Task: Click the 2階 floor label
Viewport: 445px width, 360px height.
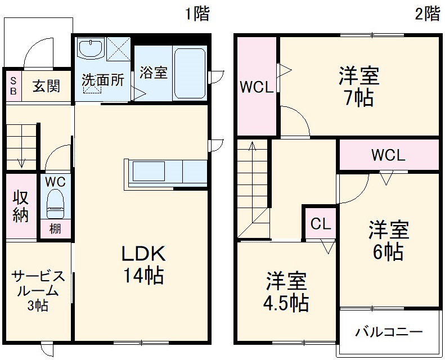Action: pos(428,14)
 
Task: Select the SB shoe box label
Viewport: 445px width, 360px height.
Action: pos(14,86)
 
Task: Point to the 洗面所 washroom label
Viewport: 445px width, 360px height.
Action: pos(102,80)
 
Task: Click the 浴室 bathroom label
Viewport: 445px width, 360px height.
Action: pos(154,73)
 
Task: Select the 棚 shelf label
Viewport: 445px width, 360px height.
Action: pos(55,229)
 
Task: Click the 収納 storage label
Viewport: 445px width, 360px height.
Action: pos(21,206)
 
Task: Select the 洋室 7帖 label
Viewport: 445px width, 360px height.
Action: pos(358,86)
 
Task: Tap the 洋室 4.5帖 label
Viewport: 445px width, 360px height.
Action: pos(286,291)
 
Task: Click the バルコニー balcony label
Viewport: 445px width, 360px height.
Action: pos(388,332)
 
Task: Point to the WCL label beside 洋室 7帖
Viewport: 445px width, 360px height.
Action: pos(257,87)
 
